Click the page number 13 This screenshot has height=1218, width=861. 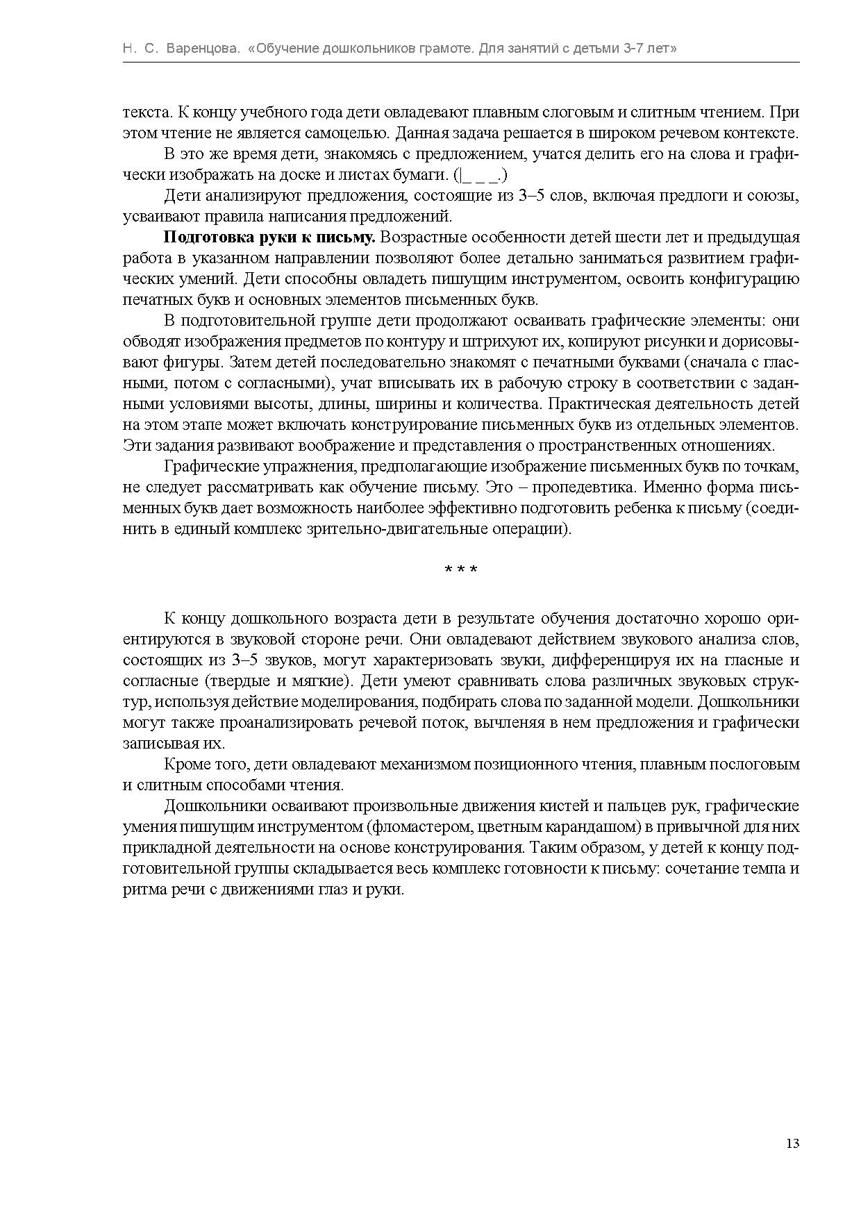(793, 1144)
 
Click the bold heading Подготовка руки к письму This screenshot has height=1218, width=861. (269, 237)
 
